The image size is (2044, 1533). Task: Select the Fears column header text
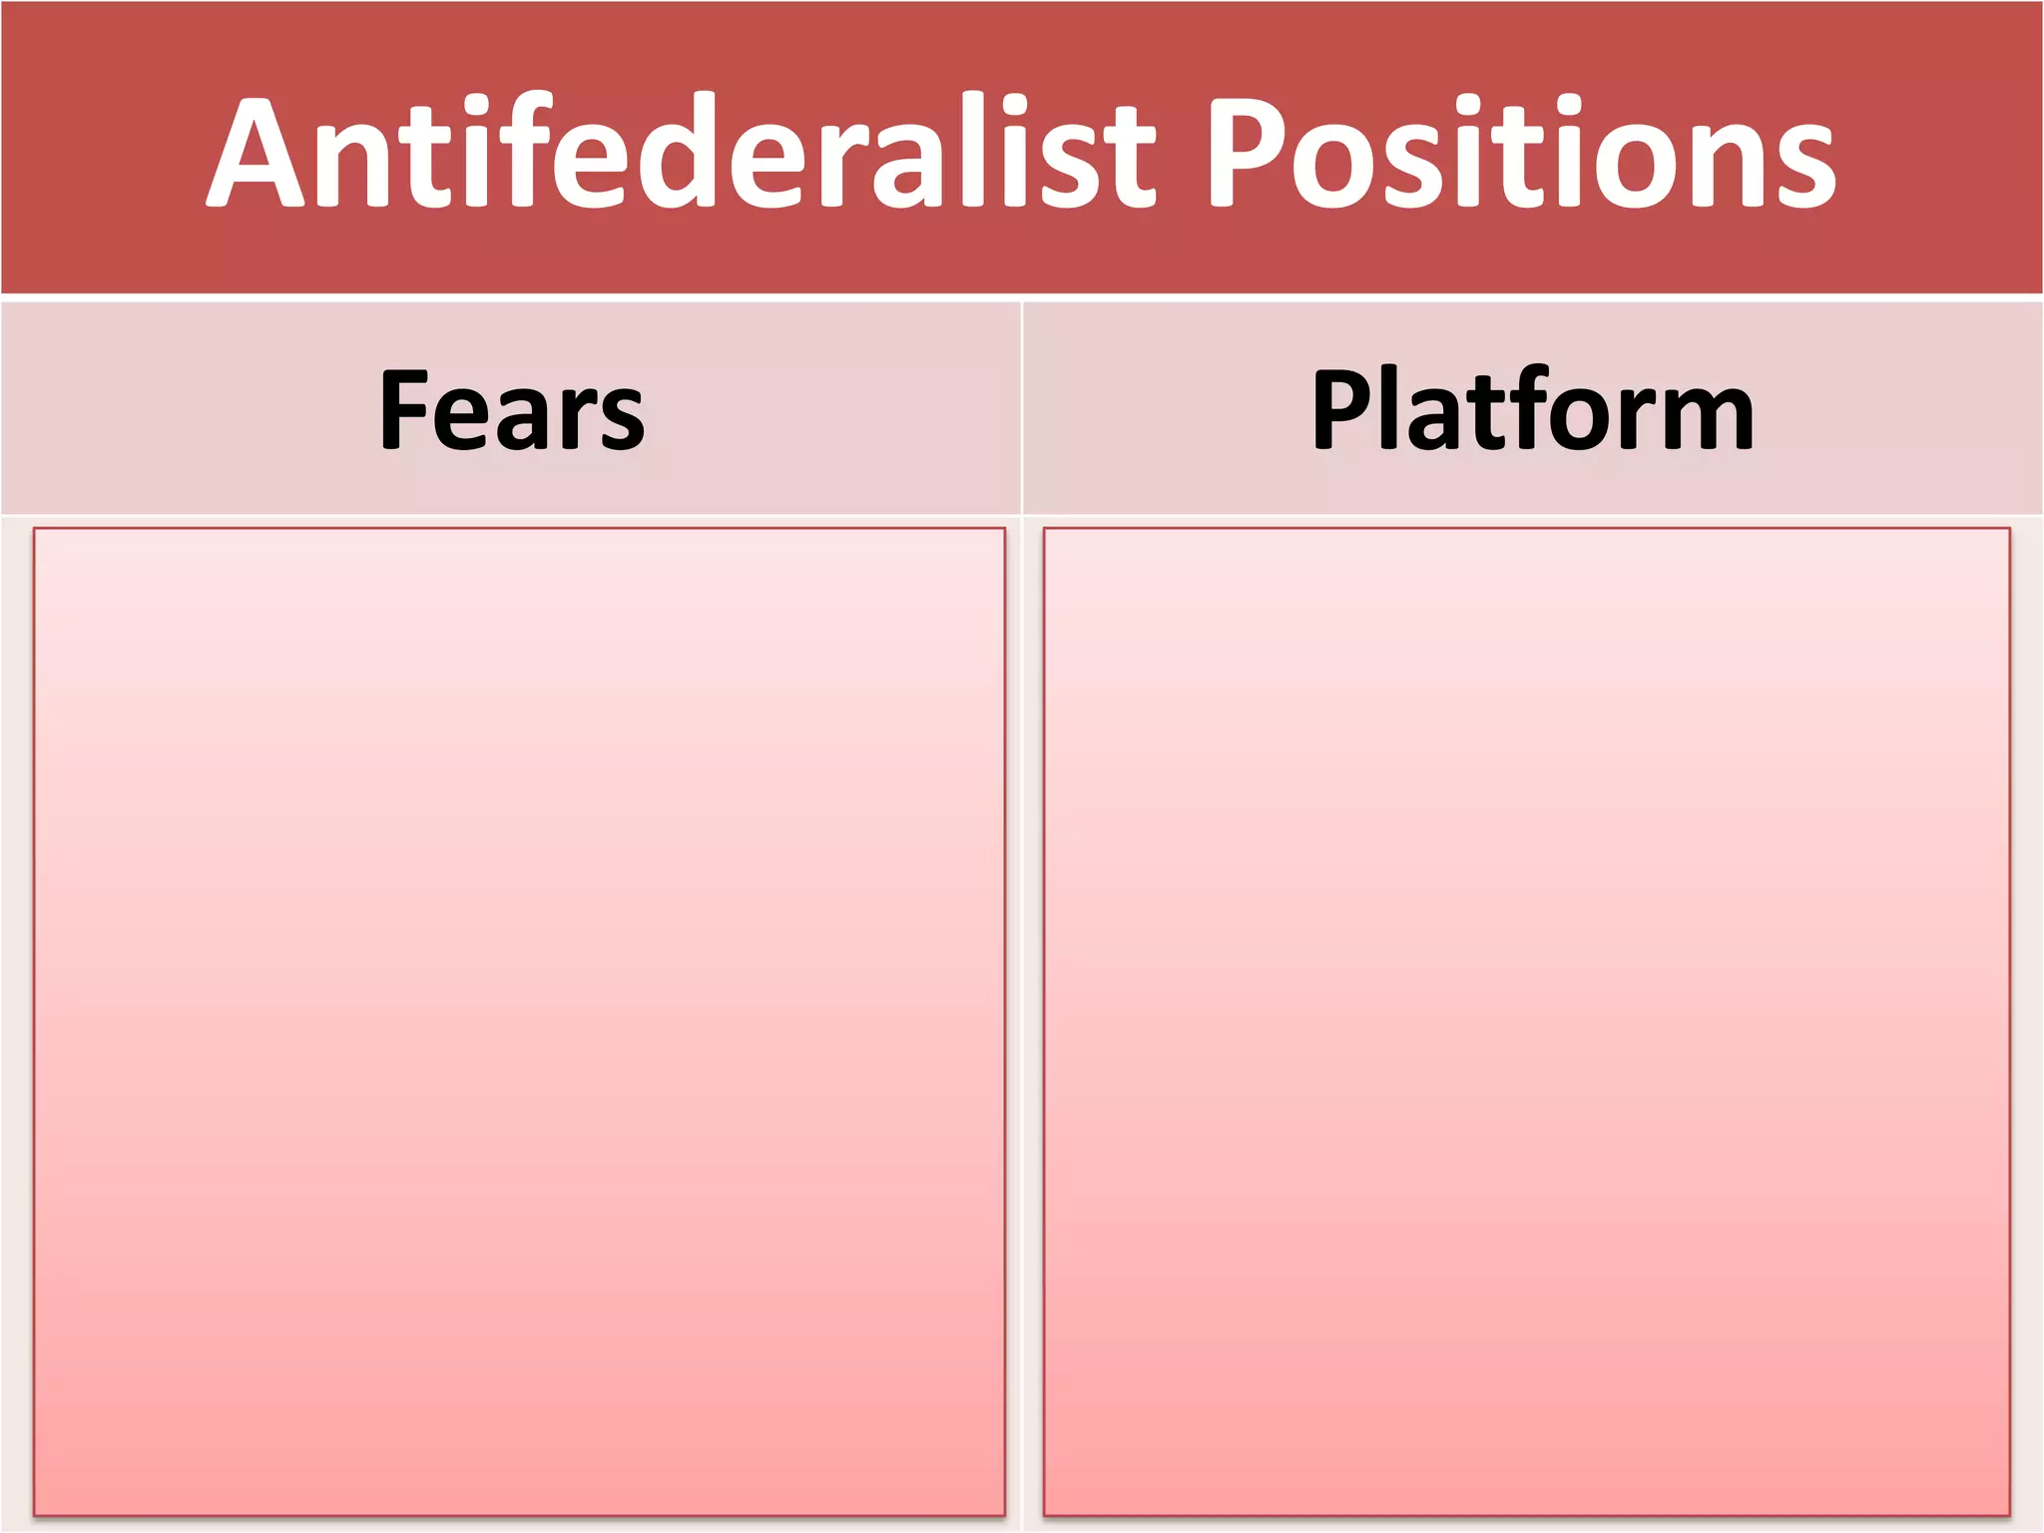tap(512, 410)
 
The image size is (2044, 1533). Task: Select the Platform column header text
tap(1532, 410)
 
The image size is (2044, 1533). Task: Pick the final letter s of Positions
tap(1799, 165)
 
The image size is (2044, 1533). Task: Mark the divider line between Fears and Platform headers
tap(1022, 409)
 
